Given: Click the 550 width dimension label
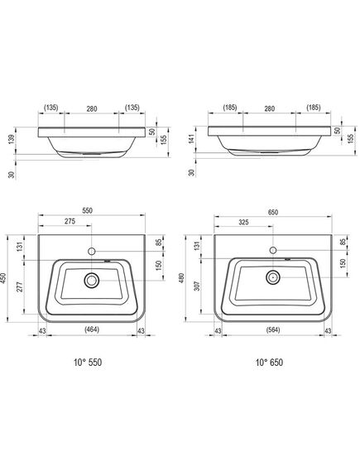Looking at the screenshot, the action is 88,210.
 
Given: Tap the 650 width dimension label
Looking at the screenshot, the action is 272,212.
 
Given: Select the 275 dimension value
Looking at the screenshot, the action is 70,221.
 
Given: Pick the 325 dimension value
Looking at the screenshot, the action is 243,222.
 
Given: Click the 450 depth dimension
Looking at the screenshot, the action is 3,278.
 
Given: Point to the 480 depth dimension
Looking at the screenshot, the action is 181,278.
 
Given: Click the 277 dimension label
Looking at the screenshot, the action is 20,287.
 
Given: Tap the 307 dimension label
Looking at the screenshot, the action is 197,286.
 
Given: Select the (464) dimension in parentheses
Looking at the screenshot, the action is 92,329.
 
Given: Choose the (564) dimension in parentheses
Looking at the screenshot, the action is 273,329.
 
